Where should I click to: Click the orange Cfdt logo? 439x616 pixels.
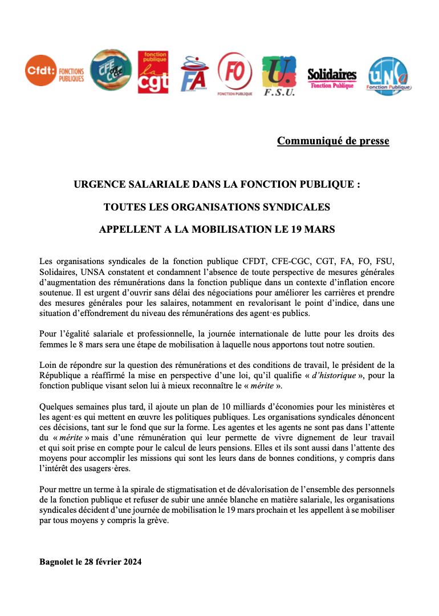pyautogui.click(x=55, y=71)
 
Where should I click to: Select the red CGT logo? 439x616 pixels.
pyautogui.click(x=153, y=72)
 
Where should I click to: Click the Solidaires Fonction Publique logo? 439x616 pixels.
pyautogui.click(x=332, y=78)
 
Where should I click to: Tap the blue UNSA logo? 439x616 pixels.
pyautogui.click(x=389, y=75)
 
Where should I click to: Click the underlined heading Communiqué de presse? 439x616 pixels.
pyautogui.click(x=333, y=140)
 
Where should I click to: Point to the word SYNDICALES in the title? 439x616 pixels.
pyautogui.click(x=300, y=207)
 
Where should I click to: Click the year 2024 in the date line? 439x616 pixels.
pyautogui.click(x=131, y=562)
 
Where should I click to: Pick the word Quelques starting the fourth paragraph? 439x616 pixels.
pyautogui.click(x=58, y=407)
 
